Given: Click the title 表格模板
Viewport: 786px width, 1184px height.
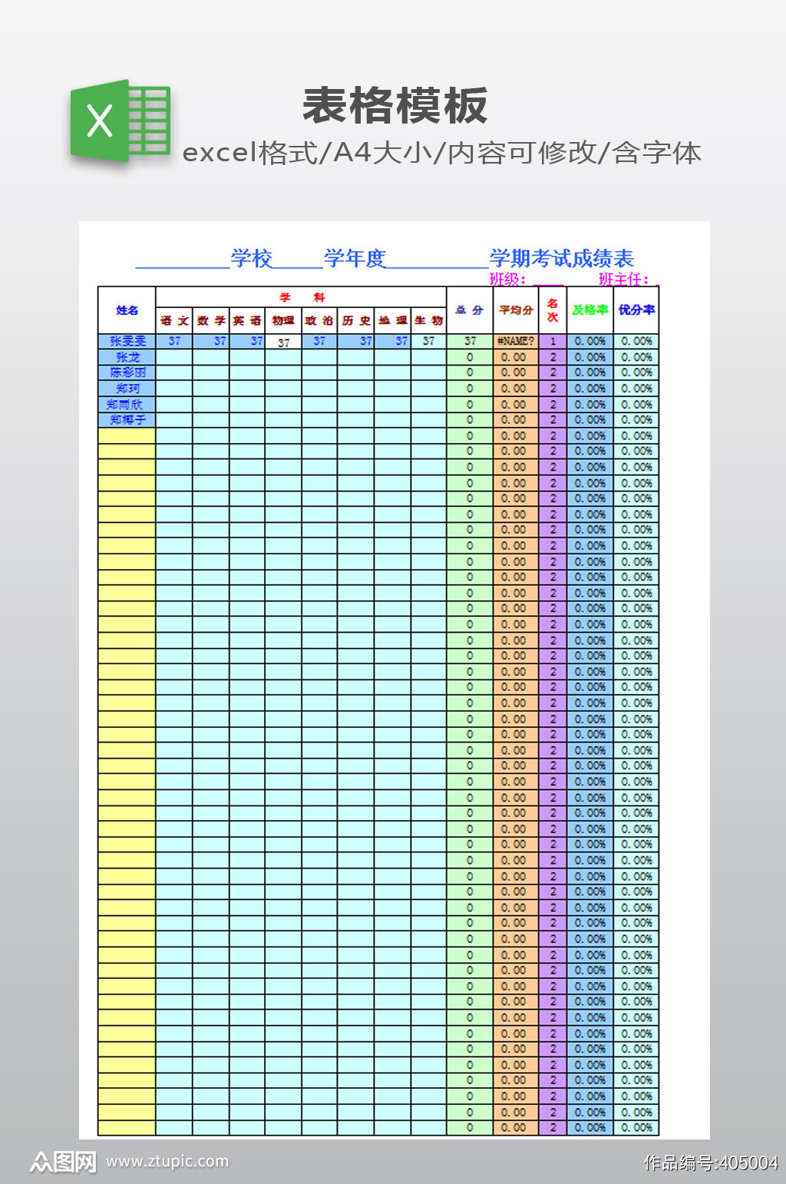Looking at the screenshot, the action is tap(395, 106).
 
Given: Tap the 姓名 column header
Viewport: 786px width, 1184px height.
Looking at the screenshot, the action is tap(127, 310).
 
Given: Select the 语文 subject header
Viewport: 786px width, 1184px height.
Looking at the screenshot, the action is tap(174, 321).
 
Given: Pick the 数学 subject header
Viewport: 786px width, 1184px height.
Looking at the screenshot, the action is tap(210, 321).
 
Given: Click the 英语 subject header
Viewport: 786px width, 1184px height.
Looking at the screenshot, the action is tap(247, 321).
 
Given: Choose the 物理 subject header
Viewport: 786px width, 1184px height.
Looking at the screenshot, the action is tap(283, 321).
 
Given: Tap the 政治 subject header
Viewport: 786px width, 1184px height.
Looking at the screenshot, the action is tap(319, 321).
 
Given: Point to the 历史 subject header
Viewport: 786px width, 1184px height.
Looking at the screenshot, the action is tap(356, 321).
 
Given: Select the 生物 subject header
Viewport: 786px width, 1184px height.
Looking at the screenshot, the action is tap(428, 321).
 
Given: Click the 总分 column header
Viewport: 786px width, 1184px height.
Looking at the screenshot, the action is tap(469, 310).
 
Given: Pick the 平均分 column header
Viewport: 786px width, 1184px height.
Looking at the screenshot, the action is tap(515, 310).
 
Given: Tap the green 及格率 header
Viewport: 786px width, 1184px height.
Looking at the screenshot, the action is tap(589, 310).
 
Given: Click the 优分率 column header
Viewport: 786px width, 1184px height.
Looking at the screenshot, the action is tap(636, 310).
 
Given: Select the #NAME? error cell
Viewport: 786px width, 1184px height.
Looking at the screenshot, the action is tap(515, 341).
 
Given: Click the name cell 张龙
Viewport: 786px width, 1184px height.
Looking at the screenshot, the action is tap(127, 357).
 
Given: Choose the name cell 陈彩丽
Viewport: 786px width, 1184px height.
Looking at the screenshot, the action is tap(127, 372).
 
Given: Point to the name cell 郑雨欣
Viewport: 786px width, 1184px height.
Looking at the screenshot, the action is tap(125, 405).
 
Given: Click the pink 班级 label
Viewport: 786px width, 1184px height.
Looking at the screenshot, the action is tap(507, 279).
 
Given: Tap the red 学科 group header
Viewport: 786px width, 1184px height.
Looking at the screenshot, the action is tap(301, 297).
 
